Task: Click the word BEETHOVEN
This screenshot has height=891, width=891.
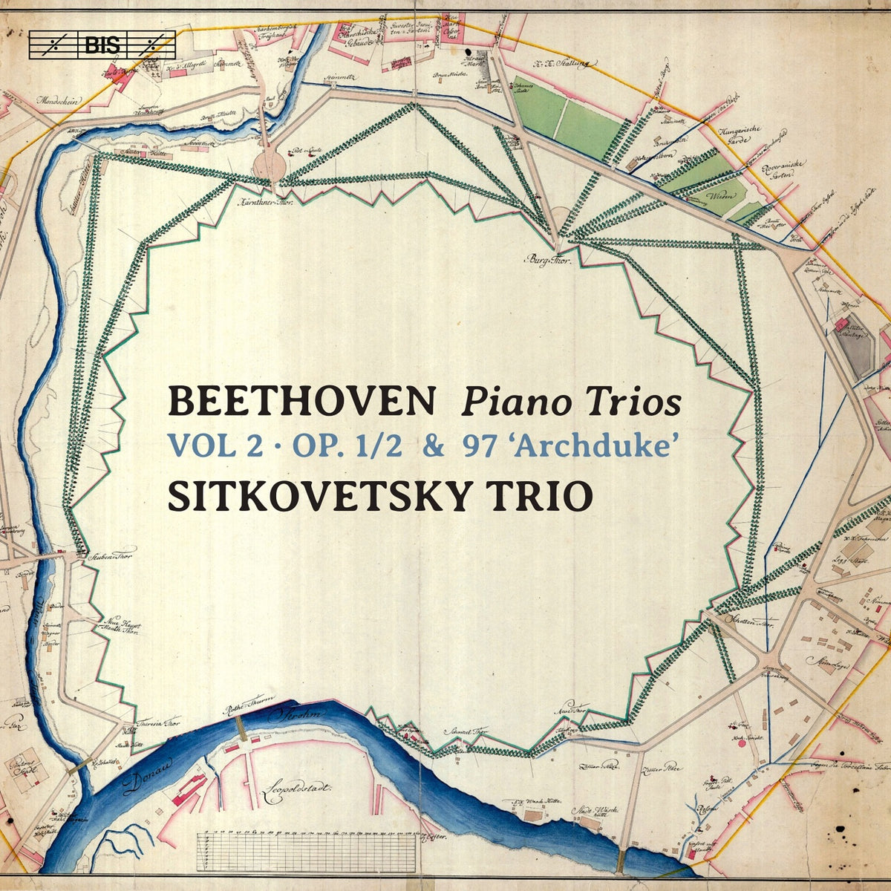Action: click(x=301, y=402)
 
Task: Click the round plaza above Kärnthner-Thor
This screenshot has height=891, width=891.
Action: click(x=269, y=164)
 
